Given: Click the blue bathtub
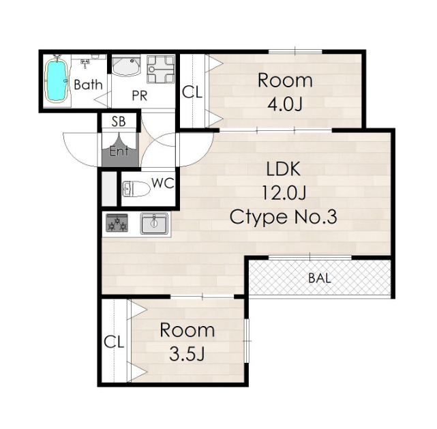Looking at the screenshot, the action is tap(57, 80).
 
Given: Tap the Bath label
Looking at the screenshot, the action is tap(88, 85).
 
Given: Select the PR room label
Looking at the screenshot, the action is tap(139, 95).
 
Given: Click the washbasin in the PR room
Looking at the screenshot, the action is tap(126, 65).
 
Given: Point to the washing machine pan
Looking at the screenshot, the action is tap(161, 69).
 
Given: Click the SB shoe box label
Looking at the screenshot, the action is tap(119, 121).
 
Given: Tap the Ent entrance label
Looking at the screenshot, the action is tap(119, 151).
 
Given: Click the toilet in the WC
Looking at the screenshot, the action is tap(136, 189).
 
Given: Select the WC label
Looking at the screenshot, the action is tap(163, 183).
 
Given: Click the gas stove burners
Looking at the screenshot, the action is tap(117, 223).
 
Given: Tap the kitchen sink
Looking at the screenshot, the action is tap(154, 223).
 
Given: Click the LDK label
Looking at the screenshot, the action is tap(284, 168).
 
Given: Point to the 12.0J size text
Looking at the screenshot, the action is tap(284, 192).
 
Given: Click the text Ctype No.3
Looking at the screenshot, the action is tap(284, 217).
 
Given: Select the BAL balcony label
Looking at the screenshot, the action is tap(320, 278).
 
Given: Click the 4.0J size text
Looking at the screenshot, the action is tap(285, 104).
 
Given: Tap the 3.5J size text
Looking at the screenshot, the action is tap(187, 354).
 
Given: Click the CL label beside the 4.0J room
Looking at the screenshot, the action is tap(192, 92).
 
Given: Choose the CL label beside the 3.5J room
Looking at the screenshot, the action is tap(114, 342).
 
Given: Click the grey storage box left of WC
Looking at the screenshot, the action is tap(109, 189).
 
